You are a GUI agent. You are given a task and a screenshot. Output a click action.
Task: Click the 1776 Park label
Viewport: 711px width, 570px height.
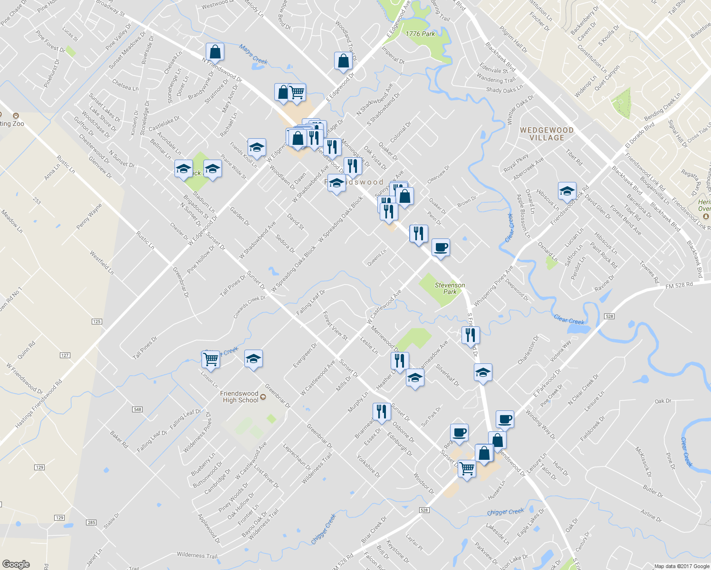pyautogui.click(x=420, y=34)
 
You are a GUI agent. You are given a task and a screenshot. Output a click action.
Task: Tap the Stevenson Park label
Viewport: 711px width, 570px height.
pyautogui.click(x=450, y=288)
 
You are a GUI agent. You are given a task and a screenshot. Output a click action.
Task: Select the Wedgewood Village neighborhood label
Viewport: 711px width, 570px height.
pyautogui.click(x=547, y=134)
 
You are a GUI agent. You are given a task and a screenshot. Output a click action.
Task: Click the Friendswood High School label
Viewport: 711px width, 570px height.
pyautogui.click(x=240, y=397)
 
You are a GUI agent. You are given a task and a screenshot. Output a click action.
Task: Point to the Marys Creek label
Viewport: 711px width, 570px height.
pyautogui.click(x=253, y=54)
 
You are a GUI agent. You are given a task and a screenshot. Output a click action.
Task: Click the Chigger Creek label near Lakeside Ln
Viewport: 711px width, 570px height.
pyautogui.click(x=505, y=512)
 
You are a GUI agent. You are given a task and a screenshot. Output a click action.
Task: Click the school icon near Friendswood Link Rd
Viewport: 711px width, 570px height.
pyautogui.click(x=567, y=191)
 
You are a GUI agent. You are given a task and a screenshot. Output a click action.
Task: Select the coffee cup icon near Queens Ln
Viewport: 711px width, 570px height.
pyautogui.click(x=441, y=247)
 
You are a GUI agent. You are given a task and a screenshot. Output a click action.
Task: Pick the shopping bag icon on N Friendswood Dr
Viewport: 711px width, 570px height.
pyautogui.click(x=215, y=52)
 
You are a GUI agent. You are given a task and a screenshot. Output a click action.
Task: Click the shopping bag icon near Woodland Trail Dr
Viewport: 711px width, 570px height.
pyautogui.click(x=343, y=61)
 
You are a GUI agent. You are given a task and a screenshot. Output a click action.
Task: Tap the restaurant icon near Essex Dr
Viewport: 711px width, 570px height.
pyautogui.click(x=382, y=411)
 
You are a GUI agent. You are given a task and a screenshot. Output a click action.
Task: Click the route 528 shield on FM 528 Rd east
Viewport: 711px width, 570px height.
pyautogui.click(x=609, y=316)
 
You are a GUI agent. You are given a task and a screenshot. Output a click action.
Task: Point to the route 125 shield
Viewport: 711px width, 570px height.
pyautogui.click(x=96, y=322)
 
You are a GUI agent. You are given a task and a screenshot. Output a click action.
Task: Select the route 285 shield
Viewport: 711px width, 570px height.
pyautogui.click(x=91, y=522)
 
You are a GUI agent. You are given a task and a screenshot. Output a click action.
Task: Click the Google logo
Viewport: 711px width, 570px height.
pyautogui.click(x=16, y=564)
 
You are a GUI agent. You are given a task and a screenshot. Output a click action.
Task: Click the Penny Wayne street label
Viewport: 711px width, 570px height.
pyautogui.click(x=89, y=217)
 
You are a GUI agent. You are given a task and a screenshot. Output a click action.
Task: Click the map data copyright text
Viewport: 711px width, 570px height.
pyautogui.click(x=682, y=566)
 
